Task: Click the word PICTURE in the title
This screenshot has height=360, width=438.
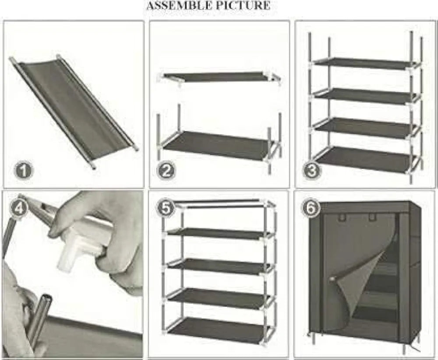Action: click(x=248, y=6)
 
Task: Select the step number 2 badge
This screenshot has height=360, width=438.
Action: click(x=166, y=170)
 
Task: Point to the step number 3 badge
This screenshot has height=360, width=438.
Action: click(x=311, y=170)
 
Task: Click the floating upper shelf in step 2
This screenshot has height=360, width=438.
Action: click(x=219, y=77)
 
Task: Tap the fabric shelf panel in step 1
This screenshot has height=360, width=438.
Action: click(x=72, y=107)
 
